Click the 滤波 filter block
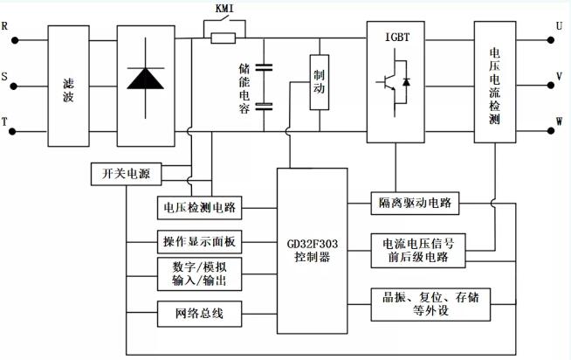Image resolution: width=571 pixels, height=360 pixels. tap(67, 86)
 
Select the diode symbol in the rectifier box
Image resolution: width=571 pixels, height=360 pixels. tap(144, 77)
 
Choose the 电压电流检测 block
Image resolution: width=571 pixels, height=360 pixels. tap(496, 86)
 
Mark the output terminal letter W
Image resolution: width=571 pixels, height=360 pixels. tap(558, 121)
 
